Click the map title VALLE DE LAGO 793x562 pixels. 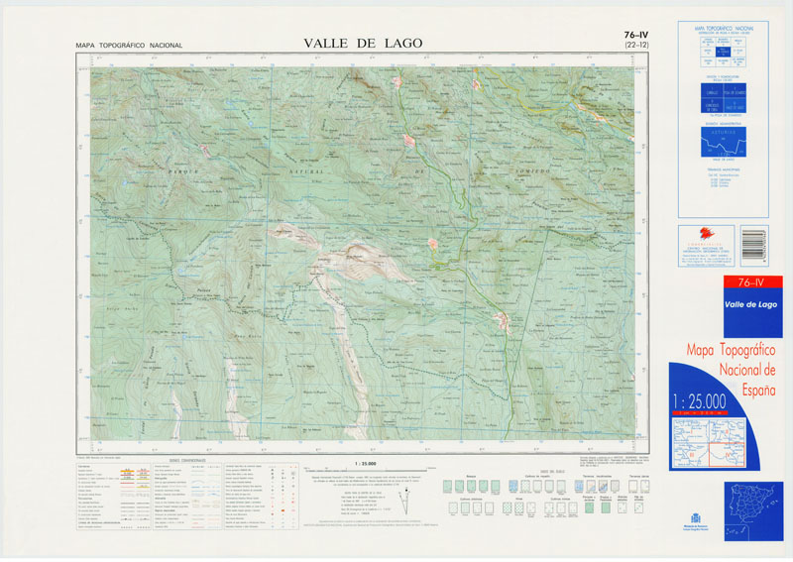point(363,43)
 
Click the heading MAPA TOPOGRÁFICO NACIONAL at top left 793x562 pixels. point(129,46)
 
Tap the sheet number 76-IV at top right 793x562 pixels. point(630,35)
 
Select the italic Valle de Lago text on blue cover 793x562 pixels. point(750,304)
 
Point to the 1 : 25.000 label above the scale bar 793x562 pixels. point(364,462)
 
